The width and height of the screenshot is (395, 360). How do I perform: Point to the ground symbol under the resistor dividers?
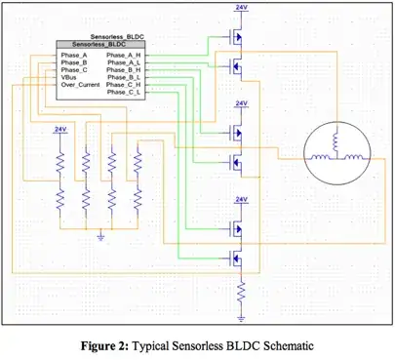pos(101,235)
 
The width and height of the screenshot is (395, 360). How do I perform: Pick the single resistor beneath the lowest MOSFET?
pos(240,291)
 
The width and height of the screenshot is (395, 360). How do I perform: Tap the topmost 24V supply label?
pos(240,8)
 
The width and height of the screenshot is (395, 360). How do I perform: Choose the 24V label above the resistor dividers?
pos(60,129)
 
